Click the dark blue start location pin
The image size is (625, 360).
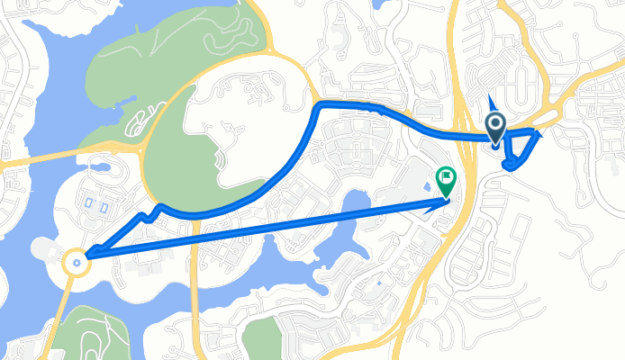[495, 126]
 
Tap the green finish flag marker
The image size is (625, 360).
[445, 179]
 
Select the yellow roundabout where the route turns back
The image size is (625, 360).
[77, 261]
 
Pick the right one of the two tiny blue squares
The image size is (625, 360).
[104, 206]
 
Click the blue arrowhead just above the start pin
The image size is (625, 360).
[489, 102]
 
